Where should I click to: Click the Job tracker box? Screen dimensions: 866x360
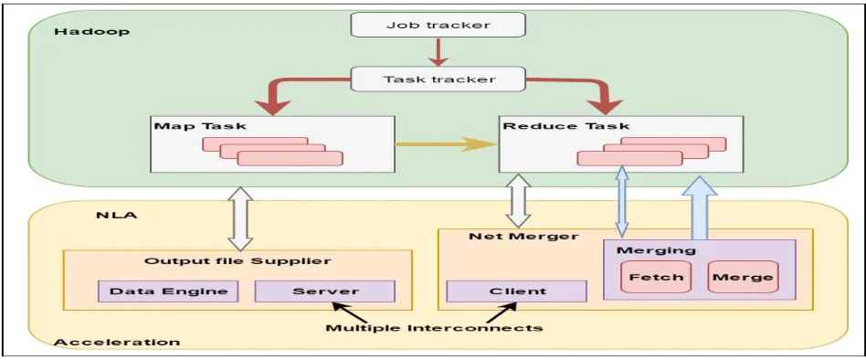(x=438, y=25)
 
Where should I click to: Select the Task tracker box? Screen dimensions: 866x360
(x=438, y=79)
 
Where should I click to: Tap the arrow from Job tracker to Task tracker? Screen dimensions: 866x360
(x=438, y=53)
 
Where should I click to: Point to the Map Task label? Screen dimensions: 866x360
(x=199, y=126)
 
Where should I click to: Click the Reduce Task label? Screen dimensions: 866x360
(x=565, y=125)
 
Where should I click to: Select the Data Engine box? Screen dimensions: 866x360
(x=168, y=291)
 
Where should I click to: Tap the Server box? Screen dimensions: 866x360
(x=325, y=291)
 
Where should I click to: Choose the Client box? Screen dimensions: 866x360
(x=516, y=291)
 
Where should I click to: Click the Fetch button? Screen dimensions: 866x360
(x=656, y=277)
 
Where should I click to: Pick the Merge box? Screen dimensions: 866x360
(x=743, y=277)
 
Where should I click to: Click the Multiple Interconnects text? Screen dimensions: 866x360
(x=434, y=328)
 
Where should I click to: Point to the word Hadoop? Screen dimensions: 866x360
(x=91, y=31)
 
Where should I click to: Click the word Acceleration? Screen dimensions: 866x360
(x=117, y=343)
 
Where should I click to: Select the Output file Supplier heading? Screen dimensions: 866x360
(x=238, y=260)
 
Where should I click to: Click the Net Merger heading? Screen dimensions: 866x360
(x=523, y=237)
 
